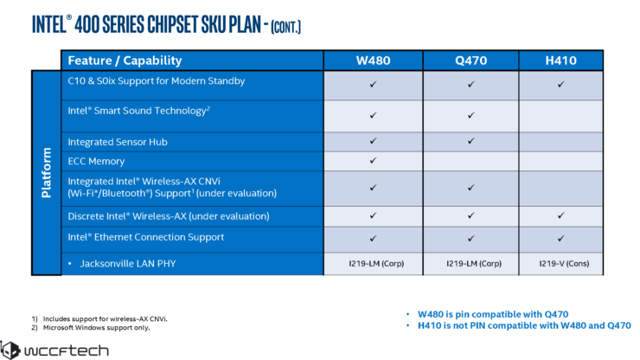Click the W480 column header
373,61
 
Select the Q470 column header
471,61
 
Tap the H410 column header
560,61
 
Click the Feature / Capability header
125,61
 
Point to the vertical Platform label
46,173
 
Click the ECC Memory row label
96,162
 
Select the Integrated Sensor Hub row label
118,142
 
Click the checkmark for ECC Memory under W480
373,161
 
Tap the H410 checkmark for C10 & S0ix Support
560,84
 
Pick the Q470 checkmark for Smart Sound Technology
471,115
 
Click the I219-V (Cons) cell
564,264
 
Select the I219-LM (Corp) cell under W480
376,264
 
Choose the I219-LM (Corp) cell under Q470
474,264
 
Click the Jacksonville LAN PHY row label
128,264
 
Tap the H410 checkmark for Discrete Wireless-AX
560,215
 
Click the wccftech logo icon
10,350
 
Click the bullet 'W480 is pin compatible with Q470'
493,314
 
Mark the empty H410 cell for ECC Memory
560,162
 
